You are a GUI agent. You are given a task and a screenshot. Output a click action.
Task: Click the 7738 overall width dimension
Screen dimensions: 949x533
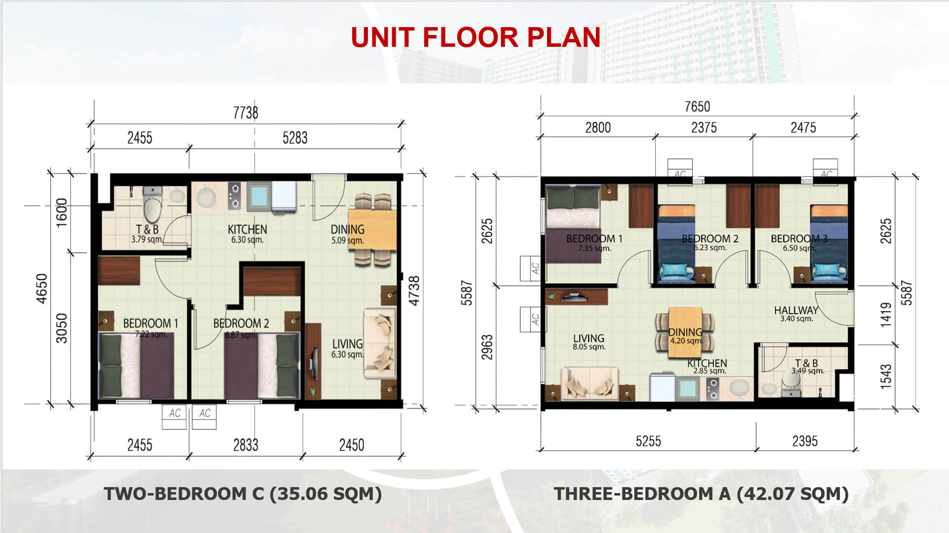246,113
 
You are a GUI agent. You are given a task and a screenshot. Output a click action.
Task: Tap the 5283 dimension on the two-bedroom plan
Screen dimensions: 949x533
295,138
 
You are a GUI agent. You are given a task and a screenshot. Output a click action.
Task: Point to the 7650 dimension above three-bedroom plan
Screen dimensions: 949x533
697,107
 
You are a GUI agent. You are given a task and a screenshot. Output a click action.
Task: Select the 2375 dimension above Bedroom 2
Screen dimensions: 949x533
704,128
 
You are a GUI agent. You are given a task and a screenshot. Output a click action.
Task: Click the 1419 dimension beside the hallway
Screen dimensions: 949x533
886,315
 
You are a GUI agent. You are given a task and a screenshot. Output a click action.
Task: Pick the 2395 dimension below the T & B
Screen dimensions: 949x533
805,441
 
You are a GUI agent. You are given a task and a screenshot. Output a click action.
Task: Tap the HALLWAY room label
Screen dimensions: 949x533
796,310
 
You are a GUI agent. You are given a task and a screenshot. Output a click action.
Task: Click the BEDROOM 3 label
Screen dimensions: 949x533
799,239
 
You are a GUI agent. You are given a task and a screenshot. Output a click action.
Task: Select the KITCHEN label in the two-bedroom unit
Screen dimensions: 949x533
247,229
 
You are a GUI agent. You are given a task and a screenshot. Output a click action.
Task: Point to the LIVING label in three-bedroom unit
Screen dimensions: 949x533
588,338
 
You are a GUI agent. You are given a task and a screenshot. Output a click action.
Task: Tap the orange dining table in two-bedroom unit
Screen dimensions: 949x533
372,230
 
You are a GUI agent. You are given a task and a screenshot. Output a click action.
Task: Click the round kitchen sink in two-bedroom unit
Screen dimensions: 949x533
206,197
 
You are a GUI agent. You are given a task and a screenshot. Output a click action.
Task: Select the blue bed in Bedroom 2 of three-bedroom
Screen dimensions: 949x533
677,245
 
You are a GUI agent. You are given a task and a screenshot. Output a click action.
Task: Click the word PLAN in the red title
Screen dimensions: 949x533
564,37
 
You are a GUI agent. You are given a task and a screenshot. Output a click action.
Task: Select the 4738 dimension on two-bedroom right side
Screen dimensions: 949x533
414,290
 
